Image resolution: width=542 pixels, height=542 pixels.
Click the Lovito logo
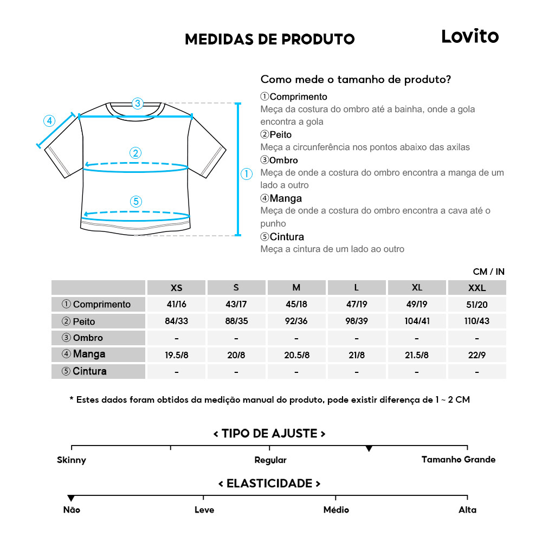pyautogui.click(x=469, y=36)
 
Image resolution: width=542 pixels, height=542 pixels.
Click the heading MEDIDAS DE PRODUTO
pyautogui.click(x=270, y=40)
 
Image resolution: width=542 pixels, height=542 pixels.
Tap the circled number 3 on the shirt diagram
pyautogui.click(x=137, y=103)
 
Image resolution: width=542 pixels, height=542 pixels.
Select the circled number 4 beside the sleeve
pyautogui.click(x=49, y=120)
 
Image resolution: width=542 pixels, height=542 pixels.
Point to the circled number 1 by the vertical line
pyautogui.click(x=247, y=174)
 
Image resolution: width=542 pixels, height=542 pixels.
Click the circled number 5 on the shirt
pyautogui.click(x=136, y=202)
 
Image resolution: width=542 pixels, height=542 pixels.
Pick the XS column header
pyautogui.click(x=177, y=288)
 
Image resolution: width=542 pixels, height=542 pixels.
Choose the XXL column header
pyautogui.click(x=477, y=288)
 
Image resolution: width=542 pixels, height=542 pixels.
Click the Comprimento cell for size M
pyautogui.click(x=296, y=305)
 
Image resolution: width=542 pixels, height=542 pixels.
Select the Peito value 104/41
pyautogui.click(x=417, y=321)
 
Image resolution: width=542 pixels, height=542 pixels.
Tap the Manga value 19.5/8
pyautogui.click(x=177, y=355)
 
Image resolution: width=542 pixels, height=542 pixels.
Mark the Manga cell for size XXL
pyautogui.click(x=477, y=355)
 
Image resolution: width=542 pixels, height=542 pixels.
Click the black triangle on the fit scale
pyautogui.click(x=369, y=449)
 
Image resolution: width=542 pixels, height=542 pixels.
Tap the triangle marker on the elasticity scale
pyautogui.click(x=71, y=498)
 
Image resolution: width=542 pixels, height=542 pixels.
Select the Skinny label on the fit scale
pyautogui.click(x=72, y=460)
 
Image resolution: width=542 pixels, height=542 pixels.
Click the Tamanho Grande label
pyautogui.click(x=459, y=460)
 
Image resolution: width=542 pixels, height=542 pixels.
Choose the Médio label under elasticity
pyautogui.click(x=336, y=510)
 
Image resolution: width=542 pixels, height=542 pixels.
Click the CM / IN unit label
pyautogui.click(x=488, y=272)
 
